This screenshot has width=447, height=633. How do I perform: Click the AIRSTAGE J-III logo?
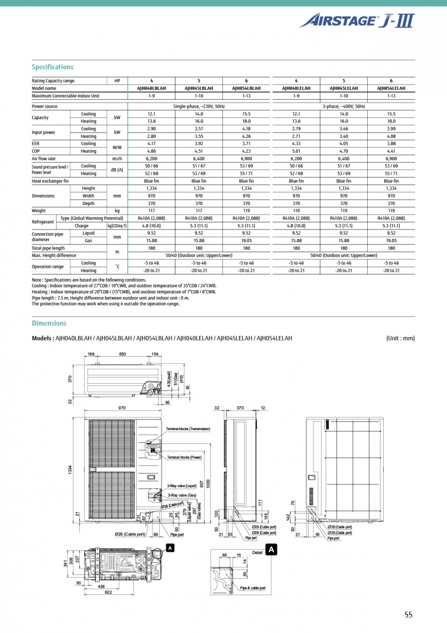coord(356,21)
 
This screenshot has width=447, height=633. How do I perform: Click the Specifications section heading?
coord(53,67)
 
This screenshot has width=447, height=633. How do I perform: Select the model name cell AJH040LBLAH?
coord(151,88)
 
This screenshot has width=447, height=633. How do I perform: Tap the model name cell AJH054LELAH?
coord(391,88)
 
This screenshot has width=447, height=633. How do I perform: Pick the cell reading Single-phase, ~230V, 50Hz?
coord(199,106)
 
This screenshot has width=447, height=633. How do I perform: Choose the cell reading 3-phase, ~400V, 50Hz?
coord(344,106)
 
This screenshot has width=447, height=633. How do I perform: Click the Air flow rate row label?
coord(44,159)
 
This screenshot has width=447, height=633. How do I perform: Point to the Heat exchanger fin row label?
coord(50,181)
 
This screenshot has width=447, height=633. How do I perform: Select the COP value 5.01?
coord(296,151)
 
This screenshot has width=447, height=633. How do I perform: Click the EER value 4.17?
coord(151,144)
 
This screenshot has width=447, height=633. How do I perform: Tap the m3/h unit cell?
coord(117,159)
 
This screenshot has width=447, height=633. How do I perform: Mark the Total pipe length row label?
coord(48,248)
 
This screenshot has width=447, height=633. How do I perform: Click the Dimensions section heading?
coord(49,323)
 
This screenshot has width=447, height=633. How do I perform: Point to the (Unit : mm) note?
coord(400,338)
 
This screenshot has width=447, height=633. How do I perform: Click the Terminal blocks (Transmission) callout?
coord(188,429)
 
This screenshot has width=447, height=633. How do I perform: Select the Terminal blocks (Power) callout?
coord(184,457)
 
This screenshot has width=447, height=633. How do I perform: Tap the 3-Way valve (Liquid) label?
coord(182,486)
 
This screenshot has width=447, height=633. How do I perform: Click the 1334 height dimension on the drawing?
coord(70,471)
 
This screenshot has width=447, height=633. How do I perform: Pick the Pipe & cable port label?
coord(252,588)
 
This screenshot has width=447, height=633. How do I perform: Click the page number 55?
coord(408,615)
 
